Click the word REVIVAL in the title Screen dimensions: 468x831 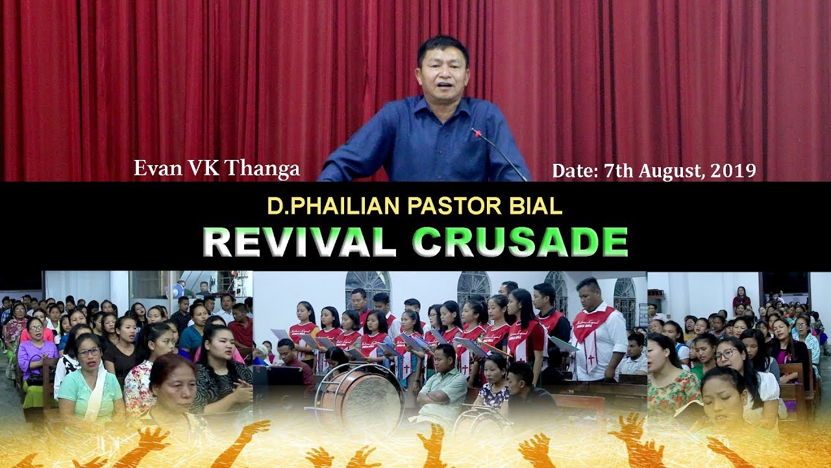(x=298, y=242)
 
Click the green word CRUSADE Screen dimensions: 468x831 (x=520, y=242)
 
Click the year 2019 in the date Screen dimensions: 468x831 (x=733, y=170)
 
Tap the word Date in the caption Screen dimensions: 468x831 (x=574, y=170)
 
